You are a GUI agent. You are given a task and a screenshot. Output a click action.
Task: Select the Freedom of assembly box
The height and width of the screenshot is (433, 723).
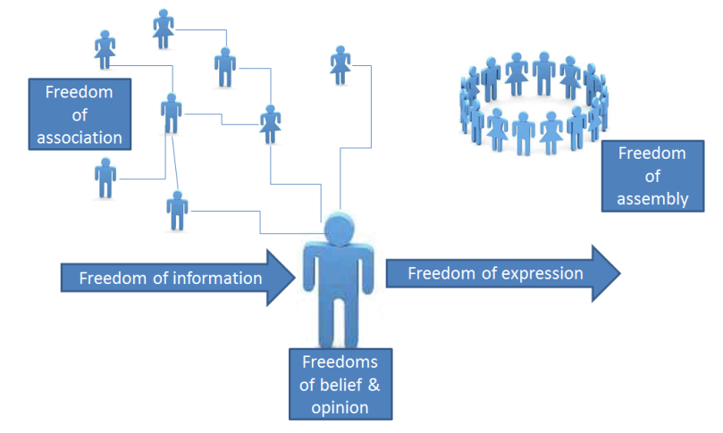point(652,177)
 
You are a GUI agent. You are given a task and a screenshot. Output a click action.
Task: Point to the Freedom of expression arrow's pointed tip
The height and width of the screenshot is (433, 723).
point(618,273)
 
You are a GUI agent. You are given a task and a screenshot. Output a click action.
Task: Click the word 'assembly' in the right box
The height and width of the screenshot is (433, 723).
point(652,199)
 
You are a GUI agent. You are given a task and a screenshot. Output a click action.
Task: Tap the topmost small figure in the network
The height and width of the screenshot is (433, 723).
point(163,29)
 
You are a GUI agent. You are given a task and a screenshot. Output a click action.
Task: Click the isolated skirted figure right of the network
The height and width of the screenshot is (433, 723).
point(340,64)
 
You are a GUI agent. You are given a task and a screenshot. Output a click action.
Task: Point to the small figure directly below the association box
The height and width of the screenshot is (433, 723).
point(106,178)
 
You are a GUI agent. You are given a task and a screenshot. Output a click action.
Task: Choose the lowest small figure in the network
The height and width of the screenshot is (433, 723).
point(177,210)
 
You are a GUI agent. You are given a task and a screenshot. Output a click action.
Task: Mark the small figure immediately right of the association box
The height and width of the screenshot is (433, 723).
point(171,112)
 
